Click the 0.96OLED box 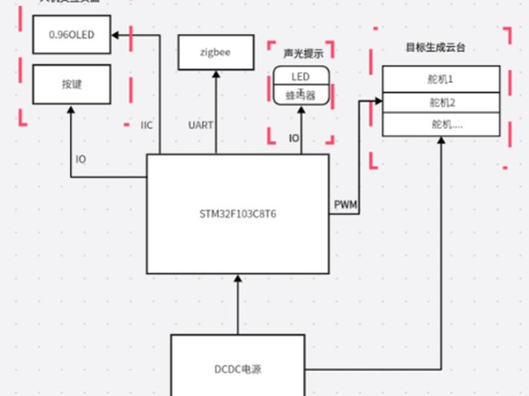[72, 35]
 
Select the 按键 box [72, 84]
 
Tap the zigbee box [215, 53]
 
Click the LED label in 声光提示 [301, 76]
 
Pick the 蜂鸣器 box [301, 96]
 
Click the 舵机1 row [441, 78]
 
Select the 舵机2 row [441, 102]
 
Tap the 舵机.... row [441, 124]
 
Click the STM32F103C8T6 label [237, 213]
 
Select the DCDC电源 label [237, 370]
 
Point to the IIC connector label [147, 125]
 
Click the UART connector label [200, 125]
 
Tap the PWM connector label [345, 204]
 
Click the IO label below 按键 [81, 159]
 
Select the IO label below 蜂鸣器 [294, 138]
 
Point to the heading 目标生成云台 [435, 47]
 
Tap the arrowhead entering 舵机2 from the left [377, 100]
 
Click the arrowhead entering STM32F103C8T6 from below [238, 279]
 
